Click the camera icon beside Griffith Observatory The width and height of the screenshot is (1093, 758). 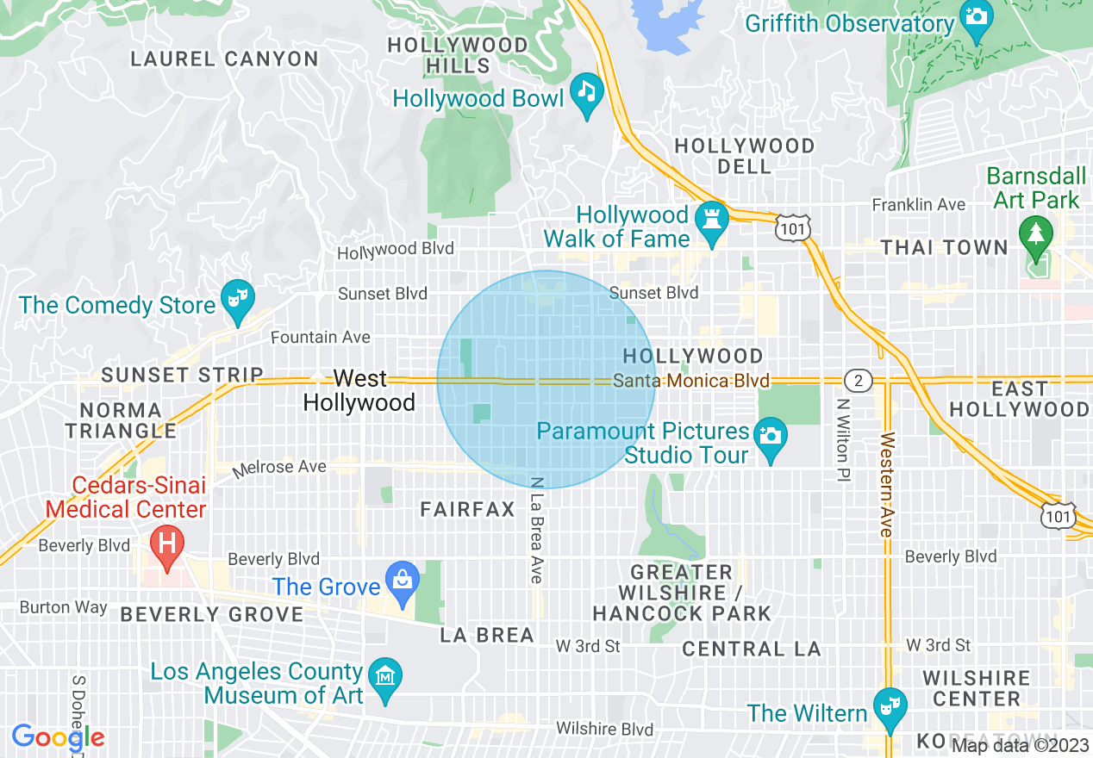[x=976, y=18]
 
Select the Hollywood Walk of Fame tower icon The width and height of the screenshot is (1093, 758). [x=712, y=217]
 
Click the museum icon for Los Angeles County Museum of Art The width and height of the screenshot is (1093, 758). [x=384, y=675]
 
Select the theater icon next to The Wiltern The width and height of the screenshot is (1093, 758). [x=885, y=706]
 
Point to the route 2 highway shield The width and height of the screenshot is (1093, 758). [x=859, y=380]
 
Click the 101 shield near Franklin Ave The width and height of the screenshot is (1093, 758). [x=790, y=227]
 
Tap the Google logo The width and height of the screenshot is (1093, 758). [x=58, y=737]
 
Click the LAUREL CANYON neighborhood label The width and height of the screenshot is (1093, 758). [x=224, y=59]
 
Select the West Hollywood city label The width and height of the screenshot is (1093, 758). [x=359, y=390]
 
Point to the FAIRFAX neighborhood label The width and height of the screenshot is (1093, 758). [x=467, y=510]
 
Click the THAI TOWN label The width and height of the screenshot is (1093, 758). [x=944, y=248]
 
